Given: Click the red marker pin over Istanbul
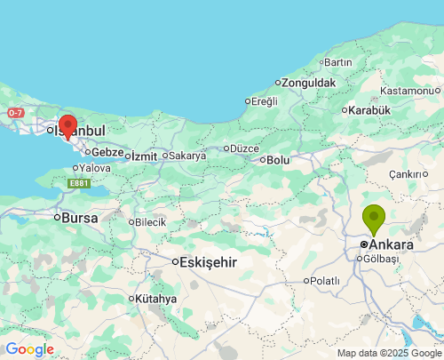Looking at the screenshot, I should [67, 125].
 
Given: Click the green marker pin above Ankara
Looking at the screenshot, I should [374, 218].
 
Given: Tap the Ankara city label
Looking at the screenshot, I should [391, 244].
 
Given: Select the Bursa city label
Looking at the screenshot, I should [79, 217].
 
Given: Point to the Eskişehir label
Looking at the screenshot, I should [209, 262].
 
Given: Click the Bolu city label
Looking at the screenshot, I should [279, 160].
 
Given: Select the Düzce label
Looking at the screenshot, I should [244, 148].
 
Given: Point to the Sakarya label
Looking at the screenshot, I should [187, 156].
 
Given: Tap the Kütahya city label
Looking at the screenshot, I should [156, 299].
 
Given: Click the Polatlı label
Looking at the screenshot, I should [325, 281].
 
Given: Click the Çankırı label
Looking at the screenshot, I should [408, 174].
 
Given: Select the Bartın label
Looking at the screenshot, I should [338, 62].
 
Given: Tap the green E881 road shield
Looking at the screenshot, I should [78, 184].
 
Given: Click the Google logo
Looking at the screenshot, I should [29, 349].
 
